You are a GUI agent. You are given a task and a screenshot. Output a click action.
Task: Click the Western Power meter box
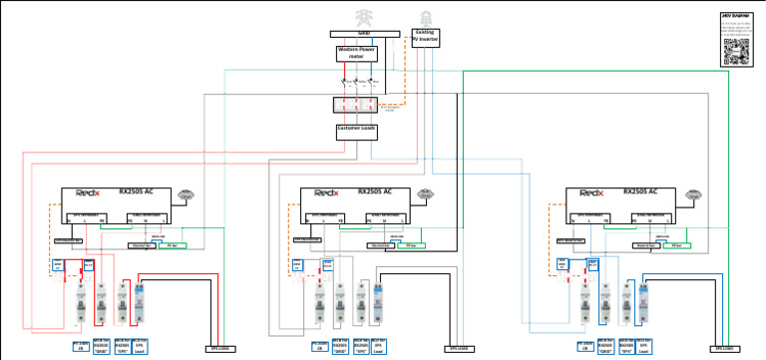(x=356, y=52)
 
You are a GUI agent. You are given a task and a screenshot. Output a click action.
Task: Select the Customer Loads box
(x=356, y=129)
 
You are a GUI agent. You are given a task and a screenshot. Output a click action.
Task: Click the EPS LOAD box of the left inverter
(x=219, y=349)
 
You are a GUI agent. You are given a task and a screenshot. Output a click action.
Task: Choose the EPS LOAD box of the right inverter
(x=724, y=349)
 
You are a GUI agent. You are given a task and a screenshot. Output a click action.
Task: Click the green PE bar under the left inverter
(x=172, y=244)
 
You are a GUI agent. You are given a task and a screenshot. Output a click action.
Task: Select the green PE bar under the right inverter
(x=676, y=244)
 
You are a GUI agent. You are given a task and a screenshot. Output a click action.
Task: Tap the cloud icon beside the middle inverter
(x=426, y=192)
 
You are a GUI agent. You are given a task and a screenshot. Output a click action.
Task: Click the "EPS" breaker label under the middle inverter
(x=360, y=346)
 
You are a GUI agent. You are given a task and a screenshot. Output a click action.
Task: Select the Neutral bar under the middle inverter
(x=379, y=244)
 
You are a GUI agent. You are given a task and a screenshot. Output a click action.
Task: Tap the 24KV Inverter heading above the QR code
(x=734, y=16)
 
